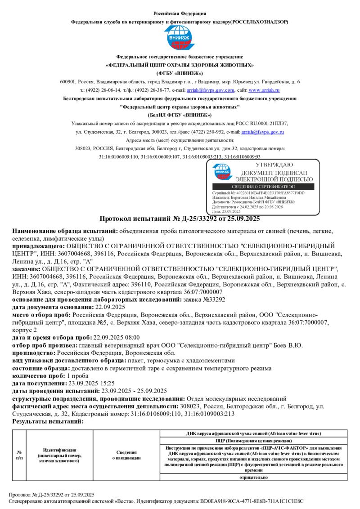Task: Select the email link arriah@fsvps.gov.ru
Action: tap(263, 132)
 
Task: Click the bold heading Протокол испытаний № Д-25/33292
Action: tap(179, 219)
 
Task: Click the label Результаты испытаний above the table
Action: tap(48, 422)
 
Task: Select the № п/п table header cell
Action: tap(19, 455)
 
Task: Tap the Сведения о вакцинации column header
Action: tap(126, 455)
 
